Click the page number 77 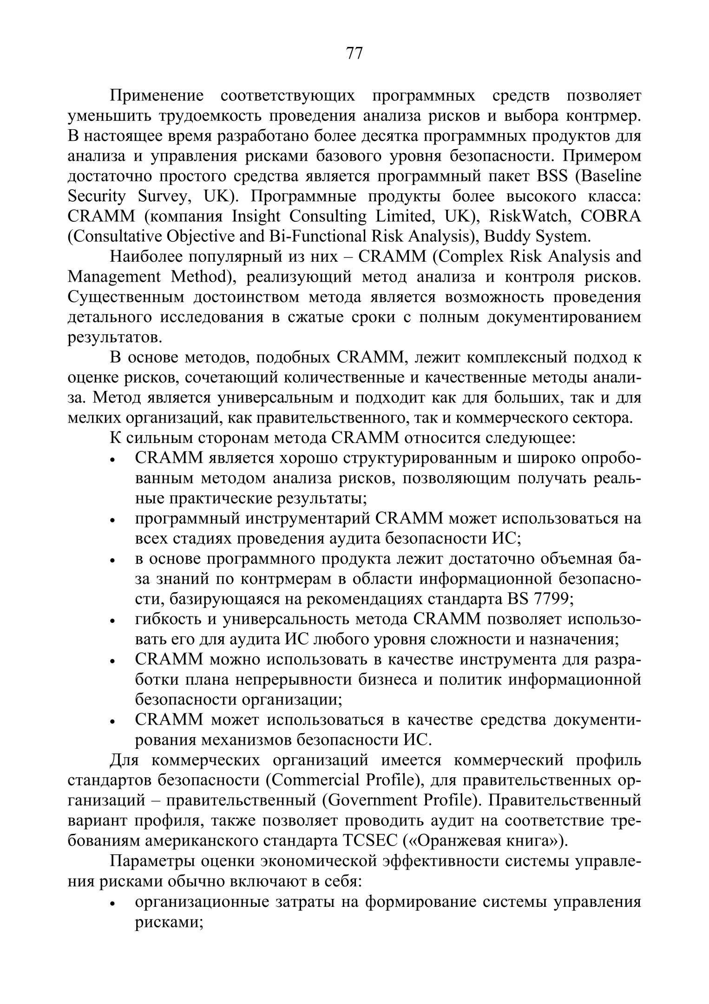point(354,53)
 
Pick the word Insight point(256,217)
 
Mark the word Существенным point(125,297)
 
